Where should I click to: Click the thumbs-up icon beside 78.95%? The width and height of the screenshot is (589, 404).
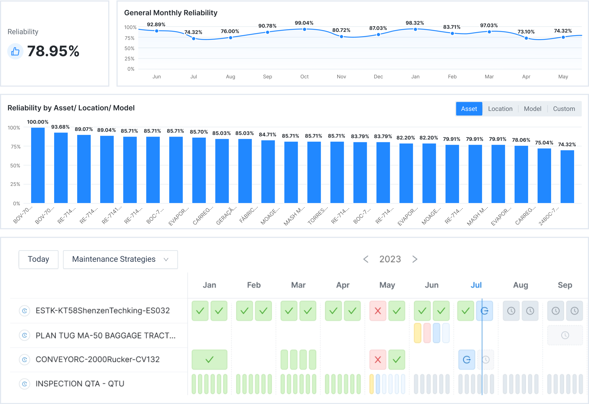click(15, 51)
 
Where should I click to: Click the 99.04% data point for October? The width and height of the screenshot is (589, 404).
click(305, 29)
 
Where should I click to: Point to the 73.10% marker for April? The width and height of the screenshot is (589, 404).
click(526, 38)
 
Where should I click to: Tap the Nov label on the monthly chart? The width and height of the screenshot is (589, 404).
click(341, 77)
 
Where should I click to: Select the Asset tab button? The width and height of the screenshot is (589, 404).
click(469, 109)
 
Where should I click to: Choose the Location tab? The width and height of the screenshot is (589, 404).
click(500, 109)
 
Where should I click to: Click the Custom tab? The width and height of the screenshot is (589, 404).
click(564, 109)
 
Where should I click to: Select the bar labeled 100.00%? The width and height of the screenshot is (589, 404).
click(38, 165)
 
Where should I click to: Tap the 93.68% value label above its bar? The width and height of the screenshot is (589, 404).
click(60, 127)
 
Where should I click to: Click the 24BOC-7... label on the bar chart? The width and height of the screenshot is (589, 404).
click(548, 216)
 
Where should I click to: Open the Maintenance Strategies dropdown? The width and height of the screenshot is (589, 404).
click(120, 259)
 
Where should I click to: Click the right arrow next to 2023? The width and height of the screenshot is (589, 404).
click(415, 259)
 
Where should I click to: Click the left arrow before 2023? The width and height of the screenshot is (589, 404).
click(366, 259)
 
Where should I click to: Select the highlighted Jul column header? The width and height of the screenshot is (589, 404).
click(476, 285)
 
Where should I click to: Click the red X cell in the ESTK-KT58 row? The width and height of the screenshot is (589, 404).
click(378, 311)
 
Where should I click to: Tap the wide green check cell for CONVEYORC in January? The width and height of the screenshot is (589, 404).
click(209, 360)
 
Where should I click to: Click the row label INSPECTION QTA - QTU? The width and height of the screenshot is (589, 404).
click(80, 384)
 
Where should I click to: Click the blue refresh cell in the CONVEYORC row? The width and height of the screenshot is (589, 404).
click(467, 360)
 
